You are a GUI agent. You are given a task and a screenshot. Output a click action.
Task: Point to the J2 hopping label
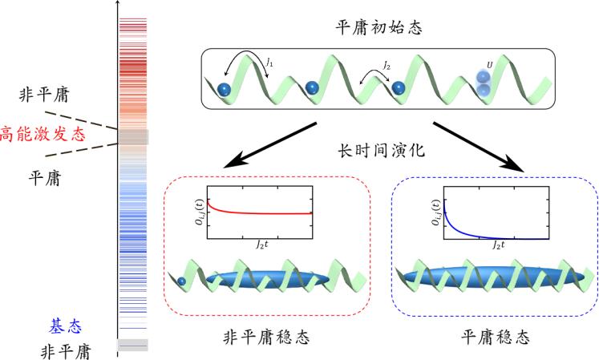point(387,64)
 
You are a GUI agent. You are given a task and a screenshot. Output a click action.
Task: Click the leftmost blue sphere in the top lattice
point(225,88)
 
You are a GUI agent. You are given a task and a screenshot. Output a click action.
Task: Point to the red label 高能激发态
point(42,133)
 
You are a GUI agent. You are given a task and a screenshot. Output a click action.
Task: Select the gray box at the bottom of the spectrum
point(132,346)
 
